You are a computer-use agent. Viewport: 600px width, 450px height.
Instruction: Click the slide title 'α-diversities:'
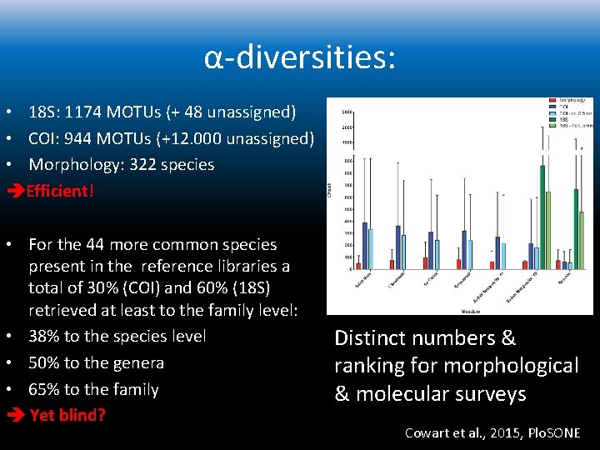pyautogui.click(x=300, y=58)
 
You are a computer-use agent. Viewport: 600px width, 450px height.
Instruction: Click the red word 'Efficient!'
pyautogui.click(x=60, y=191)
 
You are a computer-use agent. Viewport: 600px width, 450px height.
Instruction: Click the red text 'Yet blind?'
pyautogui.click(x=67, y=415)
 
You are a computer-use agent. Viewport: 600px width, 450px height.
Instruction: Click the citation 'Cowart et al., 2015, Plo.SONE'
pyautogui.click(x=492, y=432)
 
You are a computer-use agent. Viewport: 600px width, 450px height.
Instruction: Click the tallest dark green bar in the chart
pyautogui.click(x=542, y=217)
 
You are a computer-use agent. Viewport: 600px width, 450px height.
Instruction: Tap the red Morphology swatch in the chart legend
pyautogui.click(x=552, y=101)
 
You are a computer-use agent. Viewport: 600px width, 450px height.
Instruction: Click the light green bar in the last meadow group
pyautogui.click(x=582, y=233)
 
